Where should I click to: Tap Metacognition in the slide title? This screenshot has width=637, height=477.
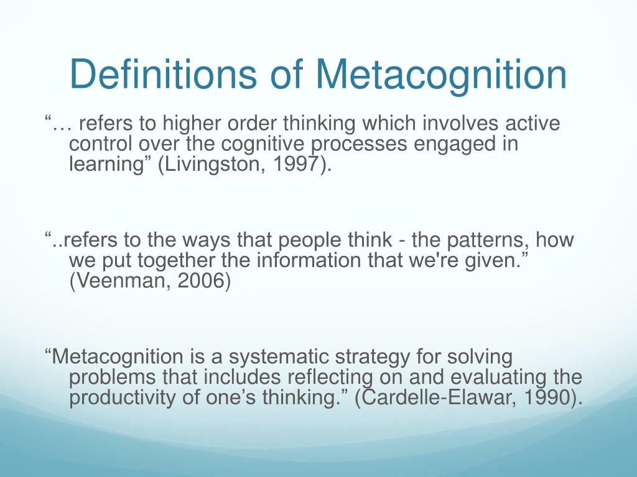pyautogui.click(x=441, y=75)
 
